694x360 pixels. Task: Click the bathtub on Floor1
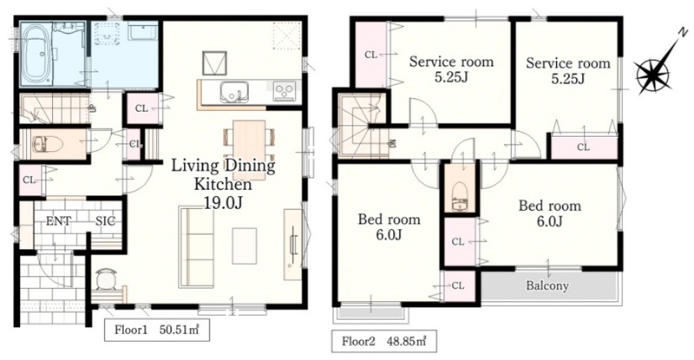click(36, 54)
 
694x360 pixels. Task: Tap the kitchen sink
click(234, 92)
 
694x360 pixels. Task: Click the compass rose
click(651, 75)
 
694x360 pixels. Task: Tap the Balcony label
click(547, 285)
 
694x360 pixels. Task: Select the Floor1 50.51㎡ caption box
click(157, 330)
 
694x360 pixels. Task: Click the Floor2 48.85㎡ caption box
click(383, 341)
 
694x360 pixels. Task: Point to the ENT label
click(58, 221)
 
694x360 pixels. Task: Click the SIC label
click(105, 221)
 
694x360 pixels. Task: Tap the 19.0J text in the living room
click(223, 202)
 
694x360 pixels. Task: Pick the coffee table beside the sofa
click(245, 245)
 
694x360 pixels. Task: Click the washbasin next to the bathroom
click(142, 31)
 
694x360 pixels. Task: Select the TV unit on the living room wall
click(292, 245)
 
